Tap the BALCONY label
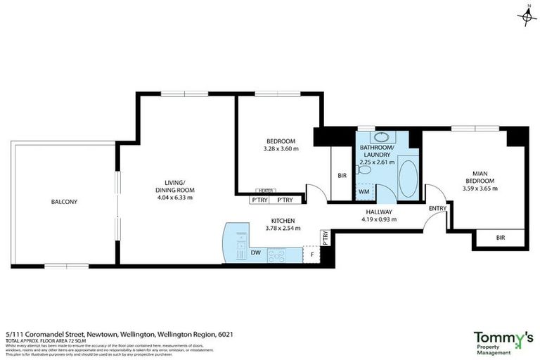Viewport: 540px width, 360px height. (x=64, y=202)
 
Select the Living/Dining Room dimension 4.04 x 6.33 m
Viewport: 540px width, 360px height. (x=174, y=198)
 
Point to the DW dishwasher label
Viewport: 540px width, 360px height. (x=256, y=252)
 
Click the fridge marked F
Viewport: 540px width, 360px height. (x=311, y=253)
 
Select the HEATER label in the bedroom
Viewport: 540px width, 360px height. (x=265, y=190)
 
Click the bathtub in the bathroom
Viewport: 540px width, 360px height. (x=408, y=179)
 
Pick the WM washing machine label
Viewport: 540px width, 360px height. (x=364, y=191)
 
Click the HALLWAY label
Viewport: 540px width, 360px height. (x=378, y=212)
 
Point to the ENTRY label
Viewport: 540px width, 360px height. (x=437, y=208)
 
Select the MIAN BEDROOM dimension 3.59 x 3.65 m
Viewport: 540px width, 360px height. (x=480, y=188)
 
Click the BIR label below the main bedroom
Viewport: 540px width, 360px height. (x=501, y=238)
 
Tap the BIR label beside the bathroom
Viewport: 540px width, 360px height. (x=342, y=176)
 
